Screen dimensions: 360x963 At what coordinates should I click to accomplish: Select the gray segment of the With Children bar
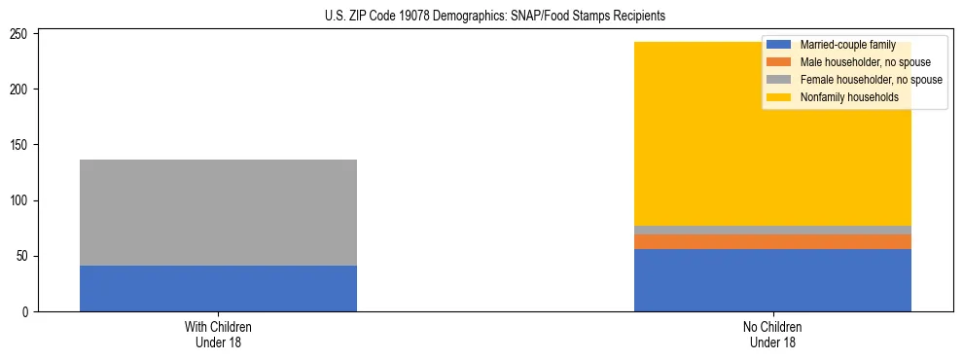pos(218,212)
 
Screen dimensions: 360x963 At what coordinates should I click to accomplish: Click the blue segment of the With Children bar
pos(218,288)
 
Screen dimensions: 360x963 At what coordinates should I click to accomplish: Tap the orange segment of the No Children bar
pos(772,241)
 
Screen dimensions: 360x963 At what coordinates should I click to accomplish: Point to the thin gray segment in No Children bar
pos(772,230)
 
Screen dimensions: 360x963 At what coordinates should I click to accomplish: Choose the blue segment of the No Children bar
pos(772,280)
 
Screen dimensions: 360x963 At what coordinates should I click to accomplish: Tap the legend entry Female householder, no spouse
pos(871,80)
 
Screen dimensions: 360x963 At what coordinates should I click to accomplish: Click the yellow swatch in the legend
pos(779,97)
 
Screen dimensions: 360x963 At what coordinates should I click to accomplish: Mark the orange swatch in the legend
pos(779,62)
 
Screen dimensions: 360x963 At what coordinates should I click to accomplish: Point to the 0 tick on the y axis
pos(27,312)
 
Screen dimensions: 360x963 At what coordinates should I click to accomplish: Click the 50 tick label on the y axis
pos(24,257)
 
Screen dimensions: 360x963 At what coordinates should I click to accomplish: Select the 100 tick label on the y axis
pos(21,201)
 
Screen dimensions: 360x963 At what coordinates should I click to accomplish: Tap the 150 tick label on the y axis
pos(21,145)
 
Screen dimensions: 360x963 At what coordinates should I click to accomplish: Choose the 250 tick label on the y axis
pos(21,34)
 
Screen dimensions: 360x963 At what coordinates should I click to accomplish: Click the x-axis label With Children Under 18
pos(218,335)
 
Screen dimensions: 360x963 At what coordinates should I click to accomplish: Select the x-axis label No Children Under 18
pos(772,335)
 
